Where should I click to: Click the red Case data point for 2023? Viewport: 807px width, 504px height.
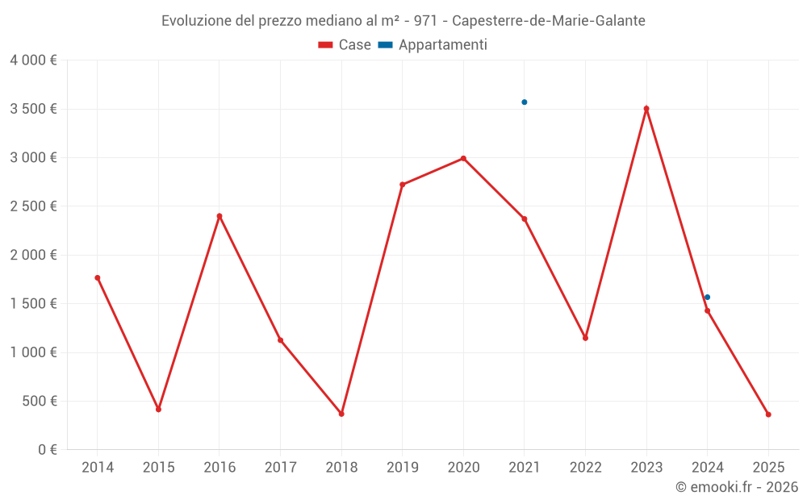[646, 108]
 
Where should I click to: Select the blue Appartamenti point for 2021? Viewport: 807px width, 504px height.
[524, 102]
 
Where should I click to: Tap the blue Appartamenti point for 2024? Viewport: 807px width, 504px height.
[708, 298]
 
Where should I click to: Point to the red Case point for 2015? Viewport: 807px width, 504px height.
[158, 410]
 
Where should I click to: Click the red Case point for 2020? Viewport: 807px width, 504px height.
[463, 158]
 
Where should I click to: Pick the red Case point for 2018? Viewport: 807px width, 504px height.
[341, 414]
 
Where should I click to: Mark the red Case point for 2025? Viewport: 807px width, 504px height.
[768, 414]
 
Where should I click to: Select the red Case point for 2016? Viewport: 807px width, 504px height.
[220, 216]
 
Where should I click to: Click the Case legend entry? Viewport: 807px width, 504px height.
[345, 45]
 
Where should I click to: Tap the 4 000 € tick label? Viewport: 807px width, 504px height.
[34, 60]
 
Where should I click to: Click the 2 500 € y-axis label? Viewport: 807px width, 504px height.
[34, 206]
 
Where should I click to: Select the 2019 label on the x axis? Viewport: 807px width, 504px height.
[402, 468]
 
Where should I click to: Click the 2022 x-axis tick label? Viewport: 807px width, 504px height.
[585, 468]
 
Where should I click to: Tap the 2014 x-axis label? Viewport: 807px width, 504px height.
[97, 468]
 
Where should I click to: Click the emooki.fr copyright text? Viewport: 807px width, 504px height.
[736, 487]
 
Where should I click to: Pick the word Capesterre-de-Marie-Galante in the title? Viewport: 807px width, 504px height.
[549, 21]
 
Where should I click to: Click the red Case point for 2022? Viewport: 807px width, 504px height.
[585, 338]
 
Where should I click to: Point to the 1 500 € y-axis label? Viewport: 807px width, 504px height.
[34, 304]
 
